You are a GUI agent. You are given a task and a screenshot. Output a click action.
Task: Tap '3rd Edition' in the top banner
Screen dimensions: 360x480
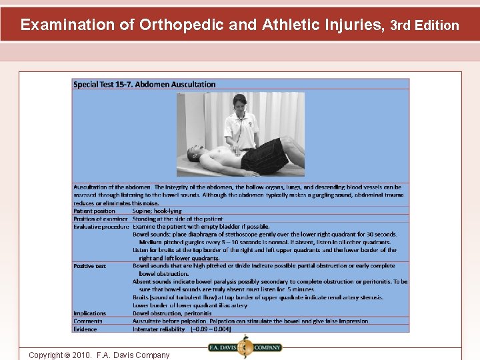[x=424, y=25]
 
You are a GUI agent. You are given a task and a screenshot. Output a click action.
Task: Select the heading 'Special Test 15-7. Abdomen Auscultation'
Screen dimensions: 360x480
[x=144, y=85]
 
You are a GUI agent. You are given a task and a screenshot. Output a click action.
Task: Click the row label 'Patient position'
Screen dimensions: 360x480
[x=94, y=211]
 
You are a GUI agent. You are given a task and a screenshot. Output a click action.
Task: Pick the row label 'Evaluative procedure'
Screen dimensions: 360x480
[x=101, y=227]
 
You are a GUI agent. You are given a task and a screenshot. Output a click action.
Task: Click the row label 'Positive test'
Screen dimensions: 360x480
[x=90, y=266]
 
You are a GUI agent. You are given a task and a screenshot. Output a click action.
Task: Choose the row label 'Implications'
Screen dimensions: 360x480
[x=90, y=313]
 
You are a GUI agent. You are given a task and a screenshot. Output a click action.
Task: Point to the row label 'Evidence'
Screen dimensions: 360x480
[x=85, y=329]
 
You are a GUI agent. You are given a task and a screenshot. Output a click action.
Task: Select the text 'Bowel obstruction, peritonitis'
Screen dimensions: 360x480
[x=172, y=313]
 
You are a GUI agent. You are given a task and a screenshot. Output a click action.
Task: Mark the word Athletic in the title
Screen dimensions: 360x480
[x=291, y=25]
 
